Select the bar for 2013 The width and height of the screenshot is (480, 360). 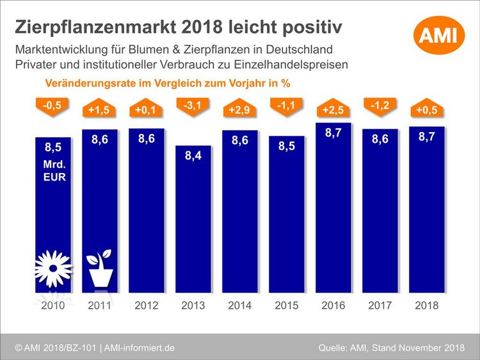coord(193,218)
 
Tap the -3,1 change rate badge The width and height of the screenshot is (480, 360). coord(193,106)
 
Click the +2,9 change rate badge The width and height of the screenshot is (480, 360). coord(240,111)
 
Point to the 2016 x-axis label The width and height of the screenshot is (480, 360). coord(333,306)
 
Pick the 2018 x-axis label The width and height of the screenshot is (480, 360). coord(427,306)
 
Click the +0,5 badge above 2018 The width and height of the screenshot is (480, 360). coord(427,110)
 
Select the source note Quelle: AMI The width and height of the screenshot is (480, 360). coord(346,347)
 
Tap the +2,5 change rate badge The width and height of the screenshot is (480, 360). coord(333,110)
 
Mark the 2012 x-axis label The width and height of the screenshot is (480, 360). coord(147,306)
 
